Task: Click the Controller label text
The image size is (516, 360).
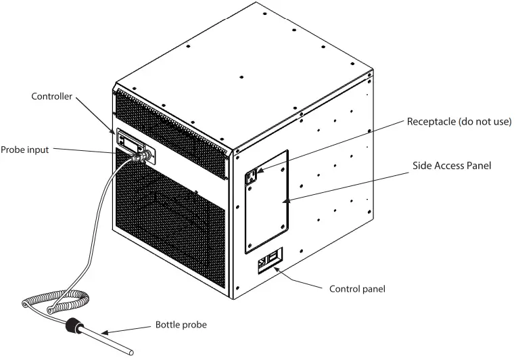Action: (51, 96)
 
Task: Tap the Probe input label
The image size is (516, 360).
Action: (24, 150)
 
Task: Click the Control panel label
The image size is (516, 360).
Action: (356, 289)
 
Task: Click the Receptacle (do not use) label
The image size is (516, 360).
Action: (459, 122)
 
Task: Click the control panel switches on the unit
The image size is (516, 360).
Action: (269, 260)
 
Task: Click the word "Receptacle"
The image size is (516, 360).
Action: (430, 122)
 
